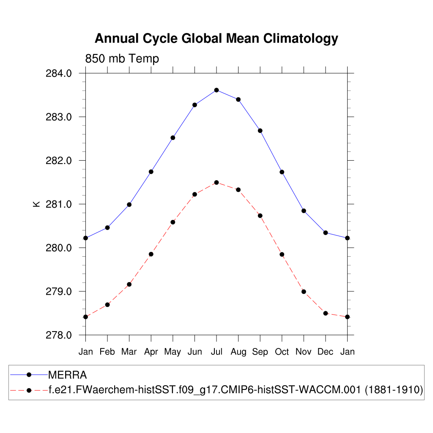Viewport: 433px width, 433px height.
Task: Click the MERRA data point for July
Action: pyautogui.click(x=216, y=90)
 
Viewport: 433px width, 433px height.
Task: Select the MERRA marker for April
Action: pyautogui.click(x=151, y=172)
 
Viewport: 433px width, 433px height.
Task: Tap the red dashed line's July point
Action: pyautogui.click(x=216, y=183)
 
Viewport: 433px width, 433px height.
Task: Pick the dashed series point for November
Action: pyautogui.click(x=304, y=292)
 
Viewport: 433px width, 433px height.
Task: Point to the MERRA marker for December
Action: pyautogui.click(x=326, y=233)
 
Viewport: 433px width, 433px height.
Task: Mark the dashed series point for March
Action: pyautogui.click(x=129, y=284)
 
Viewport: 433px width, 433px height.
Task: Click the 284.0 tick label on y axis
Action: pyautogui.click(x=58, y=74)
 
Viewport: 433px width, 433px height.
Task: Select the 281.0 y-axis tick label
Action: pyautogui.click(x=58, y=204)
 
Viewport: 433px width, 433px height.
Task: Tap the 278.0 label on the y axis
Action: pyautogui.click(x=58, y=335)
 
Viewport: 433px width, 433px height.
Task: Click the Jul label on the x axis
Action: pyautogui.click(x=216, y=352)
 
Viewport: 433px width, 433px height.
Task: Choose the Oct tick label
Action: pyautogui.click(x=282, y=352)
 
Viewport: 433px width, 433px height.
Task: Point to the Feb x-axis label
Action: pyautogui.click(x=107, y=352)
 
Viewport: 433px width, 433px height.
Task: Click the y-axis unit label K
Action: pyautogui.click(x=36, y=204)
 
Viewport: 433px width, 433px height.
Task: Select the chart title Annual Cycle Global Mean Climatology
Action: pyautogui.click(x=216, y=38)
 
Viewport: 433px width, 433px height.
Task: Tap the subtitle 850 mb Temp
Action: pyautogui.click(x=122, y=58)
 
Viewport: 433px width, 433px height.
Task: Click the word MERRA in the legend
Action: pyautogui.click(x=68, y=375)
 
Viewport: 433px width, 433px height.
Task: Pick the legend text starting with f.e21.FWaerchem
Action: pyautogui.click(x=205, y=390)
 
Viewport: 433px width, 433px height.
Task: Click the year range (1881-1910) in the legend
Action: pyautogui.click(x=394, y=390)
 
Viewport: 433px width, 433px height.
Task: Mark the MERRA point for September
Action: pyautogui.click(x=260, y=131)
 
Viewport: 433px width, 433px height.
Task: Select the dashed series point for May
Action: pyautogui.click(x=173, y=222)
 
